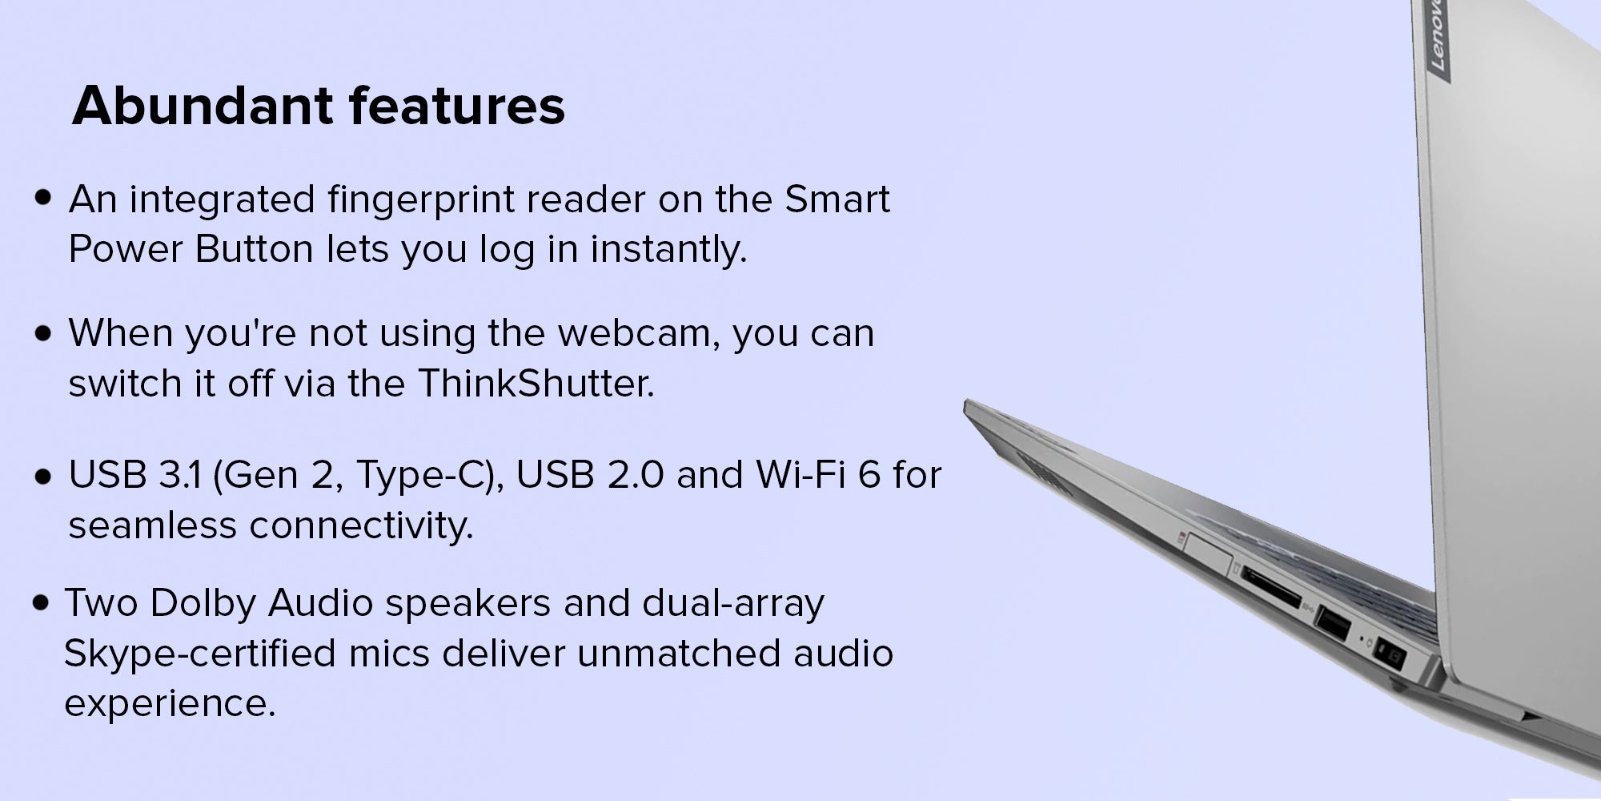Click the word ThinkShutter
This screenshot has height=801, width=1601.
(536, 383)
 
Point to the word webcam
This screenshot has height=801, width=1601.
(633, 333)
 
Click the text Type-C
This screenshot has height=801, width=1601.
(422, 476)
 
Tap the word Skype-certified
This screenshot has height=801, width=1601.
(200, 654)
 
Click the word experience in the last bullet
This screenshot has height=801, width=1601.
(170, 705)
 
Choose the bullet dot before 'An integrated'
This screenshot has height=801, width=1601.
(43, 199)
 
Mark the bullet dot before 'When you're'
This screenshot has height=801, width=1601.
(43, 333)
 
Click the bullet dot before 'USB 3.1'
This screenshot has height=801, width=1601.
(43, 477)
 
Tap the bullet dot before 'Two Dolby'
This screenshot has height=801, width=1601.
(42, 604)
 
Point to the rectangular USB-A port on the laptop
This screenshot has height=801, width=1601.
(1333, 624)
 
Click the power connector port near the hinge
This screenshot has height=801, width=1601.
(1389, 658)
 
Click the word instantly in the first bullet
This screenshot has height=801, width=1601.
(668, 250)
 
